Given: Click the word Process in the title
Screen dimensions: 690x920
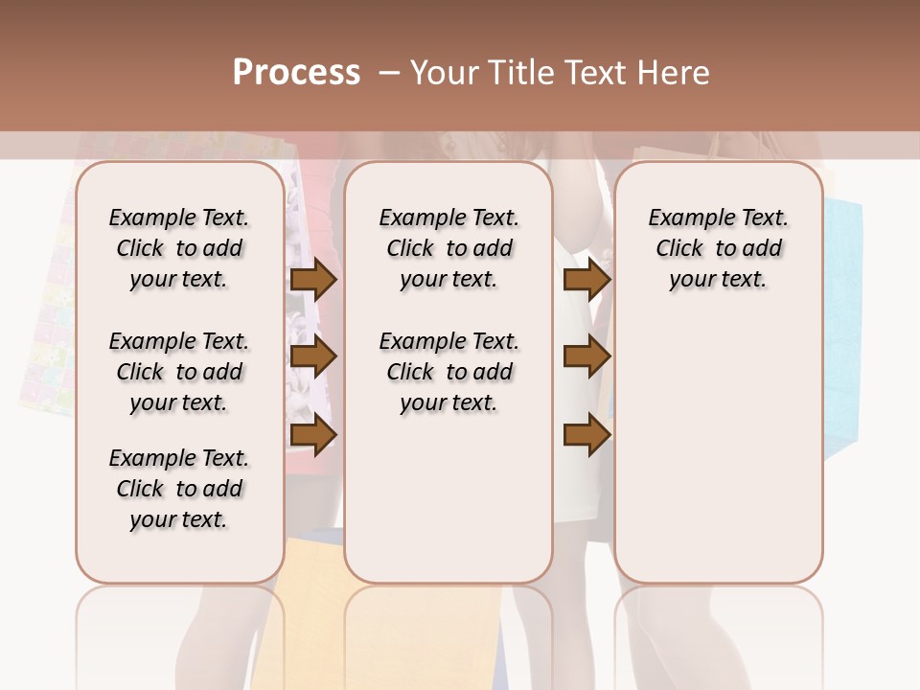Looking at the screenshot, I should (x=296, y=73).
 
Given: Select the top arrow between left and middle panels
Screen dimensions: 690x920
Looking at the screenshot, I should (x=313, y=280).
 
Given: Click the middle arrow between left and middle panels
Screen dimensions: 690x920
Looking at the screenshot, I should (x=313, y=357).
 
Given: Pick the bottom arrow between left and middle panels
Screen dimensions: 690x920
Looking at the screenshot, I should (x=313, y=436).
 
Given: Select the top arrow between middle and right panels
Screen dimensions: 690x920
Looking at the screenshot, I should (x=586, y=280).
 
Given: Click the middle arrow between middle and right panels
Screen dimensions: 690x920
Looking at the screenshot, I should (x=586, y=357).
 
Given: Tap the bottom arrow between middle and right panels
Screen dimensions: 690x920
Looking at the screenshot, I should (x=586, y=436).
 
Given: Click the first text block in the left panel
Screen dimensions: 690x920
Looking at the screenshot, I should (x=179, y=248).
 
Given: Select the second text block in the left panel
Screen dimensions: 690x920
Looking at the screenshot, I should (x=179, y=372).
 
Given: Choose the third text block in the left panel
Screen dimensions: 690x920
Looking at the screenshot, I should (x=179, y=489).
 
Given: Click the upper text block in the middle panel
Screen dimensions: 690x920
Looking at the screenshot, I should (x=448, y=248).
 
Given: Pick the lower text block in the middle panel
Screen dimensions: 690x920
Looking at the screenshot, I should (x=448, y=372).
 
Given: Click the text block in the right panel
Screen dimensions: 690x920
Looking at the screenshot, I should (x=719, y=248).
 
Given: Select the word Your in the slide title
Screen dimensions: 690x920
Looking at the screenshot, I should (x=446, y=73).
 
